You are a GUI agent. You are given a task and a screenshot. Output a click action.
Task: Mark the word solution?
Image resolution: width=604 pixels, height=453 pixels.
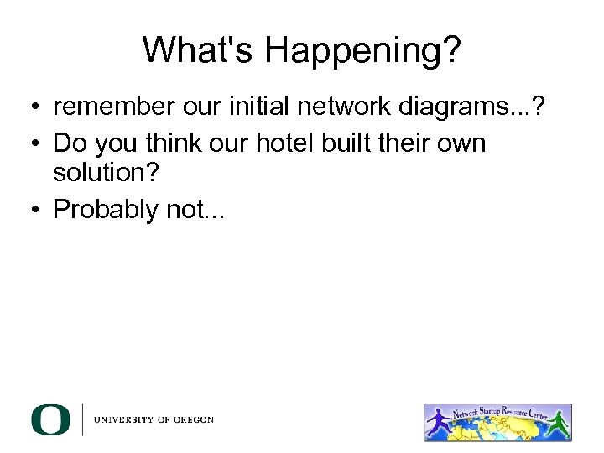(105, 174)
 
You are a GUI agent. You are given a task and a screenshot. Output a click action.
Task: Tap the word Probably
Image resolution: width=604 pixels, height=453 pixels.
(107, 210)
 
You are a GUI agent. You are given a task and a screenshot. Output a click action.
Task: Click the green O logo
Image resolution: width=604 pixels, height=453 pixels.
(51, 419)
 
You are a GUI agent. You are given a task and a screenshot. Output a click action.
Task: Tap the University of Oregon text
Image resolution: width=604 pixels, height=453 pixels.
(154, 420)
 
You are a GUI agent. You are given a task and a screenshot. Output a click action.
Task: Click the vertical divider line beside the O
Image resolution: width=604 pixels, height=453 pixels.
(82, 419)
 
